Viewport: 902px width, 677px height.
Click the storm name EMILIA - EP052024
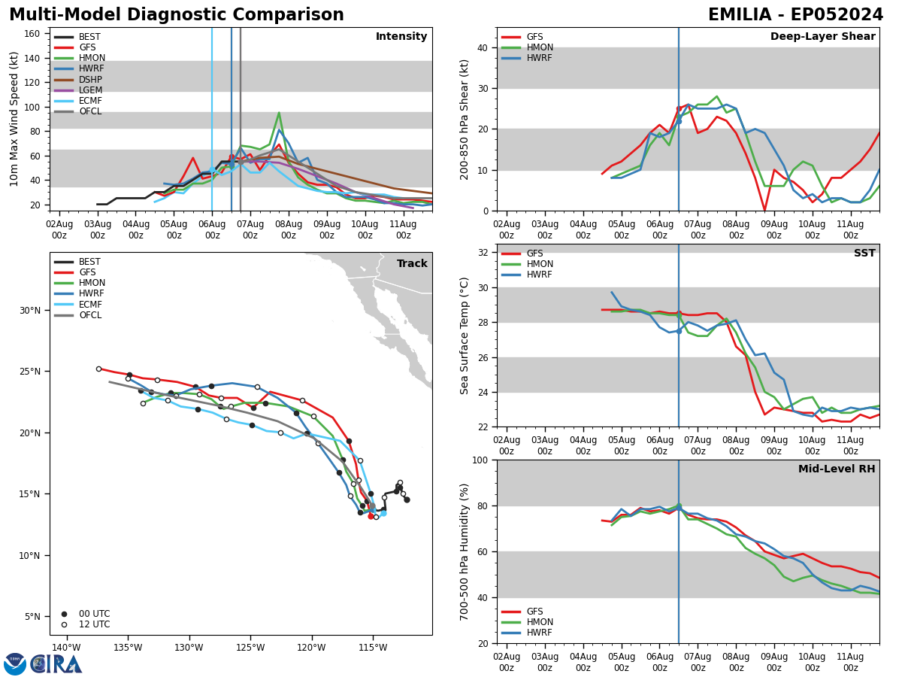[x=795, y=15]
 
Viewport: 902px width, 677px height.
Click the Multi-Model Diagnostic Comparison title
[x=177, y=15]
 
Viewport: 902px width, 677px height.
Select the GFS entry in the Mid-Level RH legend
[x=534, y=612]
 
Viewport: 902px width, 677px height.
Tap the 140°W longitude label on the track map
[x=66, y=648]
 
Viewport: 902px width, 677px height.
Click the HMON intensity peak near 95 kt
[x=279, y=113]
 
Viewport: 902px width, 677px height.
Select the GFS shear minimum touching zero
[x=764, y=210]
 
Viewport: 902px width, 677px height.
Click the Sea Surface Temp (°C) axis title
[x=465, y=335]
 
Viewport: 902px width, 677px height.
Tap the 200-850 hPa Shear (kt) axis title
[x=465, y=119]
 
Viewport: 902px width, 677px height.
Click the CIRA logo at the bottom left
[x=56, y=664]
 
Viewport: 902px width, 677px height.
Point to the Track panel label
[x=412, y=263]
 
